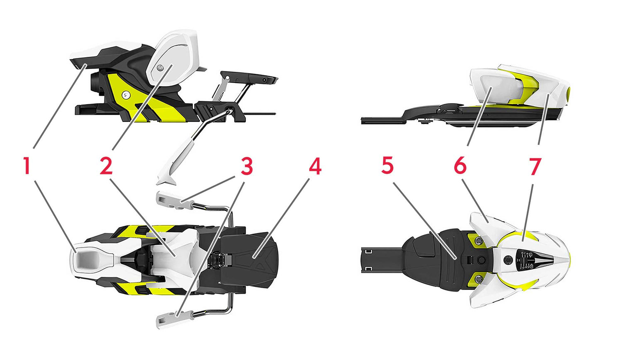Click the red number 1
(x=27, y=166)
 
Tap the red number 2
(x=106, y=166)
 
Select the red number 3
(x=247, y=166)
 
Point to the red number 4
(x=315, y=166)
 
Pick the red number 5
(x=387, y=166)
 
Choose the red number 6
(x=460, y=166)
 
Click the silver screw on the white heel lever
(x=160, y=68)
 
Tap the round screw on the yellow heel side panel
(x=125, y=95)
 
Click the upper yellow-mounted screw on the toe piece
(x=477, y=241)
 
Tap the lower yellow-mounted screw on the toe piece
(x=477, y=279)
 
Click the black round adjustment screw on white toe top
(x=508, y=260)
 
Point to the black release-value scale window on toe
(x=526, y=260)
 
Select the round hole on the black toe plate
(x=481, y=260)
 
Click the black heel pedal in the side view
(x=249, y=76)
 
